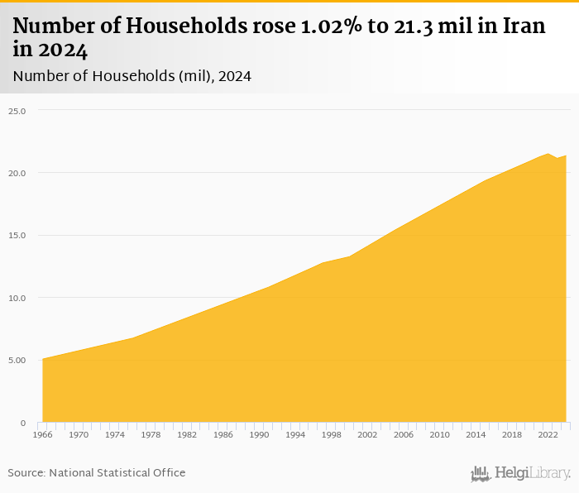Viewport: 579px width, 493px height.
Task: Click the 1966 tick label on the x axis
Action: coord(42,434)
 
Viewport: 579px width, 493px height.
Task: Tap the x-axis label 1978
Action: coord(151,434)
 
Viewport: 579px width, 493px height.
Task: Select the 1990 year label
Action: coord(259,434)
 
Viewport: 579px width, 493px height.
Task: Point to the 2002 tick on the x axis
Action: coord(367,434)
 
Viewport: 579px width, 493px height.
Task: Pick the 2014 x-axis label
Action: coord(476,434)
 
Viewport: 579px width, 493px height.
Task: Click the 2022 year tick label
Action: coord(548,434)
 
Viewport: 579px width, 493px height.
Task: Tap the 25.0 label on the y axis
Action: coord(18,111)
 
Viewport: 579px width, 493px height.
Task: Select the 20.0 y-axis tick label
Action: coord(18,173)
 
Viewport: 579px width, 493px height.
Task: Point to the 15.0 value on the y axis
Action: coord(18,236)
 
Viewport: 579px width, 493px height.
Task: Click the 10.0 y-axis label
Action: coord(18,298)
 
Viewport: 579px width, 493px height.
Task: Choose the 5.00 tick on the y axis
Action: coord(18,361)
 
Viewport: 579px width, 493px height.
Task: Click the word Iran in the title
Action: coord(522,26)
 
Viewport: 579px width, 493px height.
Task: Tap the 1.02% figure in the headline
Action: coord(317,26)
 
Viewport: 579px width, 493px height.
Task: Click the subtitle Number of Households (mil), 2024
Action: coord(132,76)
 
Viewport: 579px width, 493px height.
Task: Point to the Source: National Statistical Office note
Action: coord(97,472)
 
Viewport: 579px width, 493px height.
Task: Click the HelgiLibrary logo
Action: coord(521,473)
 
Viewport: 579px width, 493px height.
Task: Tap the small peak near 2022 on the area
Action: coord(548,153)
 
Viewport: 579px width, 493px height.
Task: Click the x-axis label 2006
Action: coord(404,434)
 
